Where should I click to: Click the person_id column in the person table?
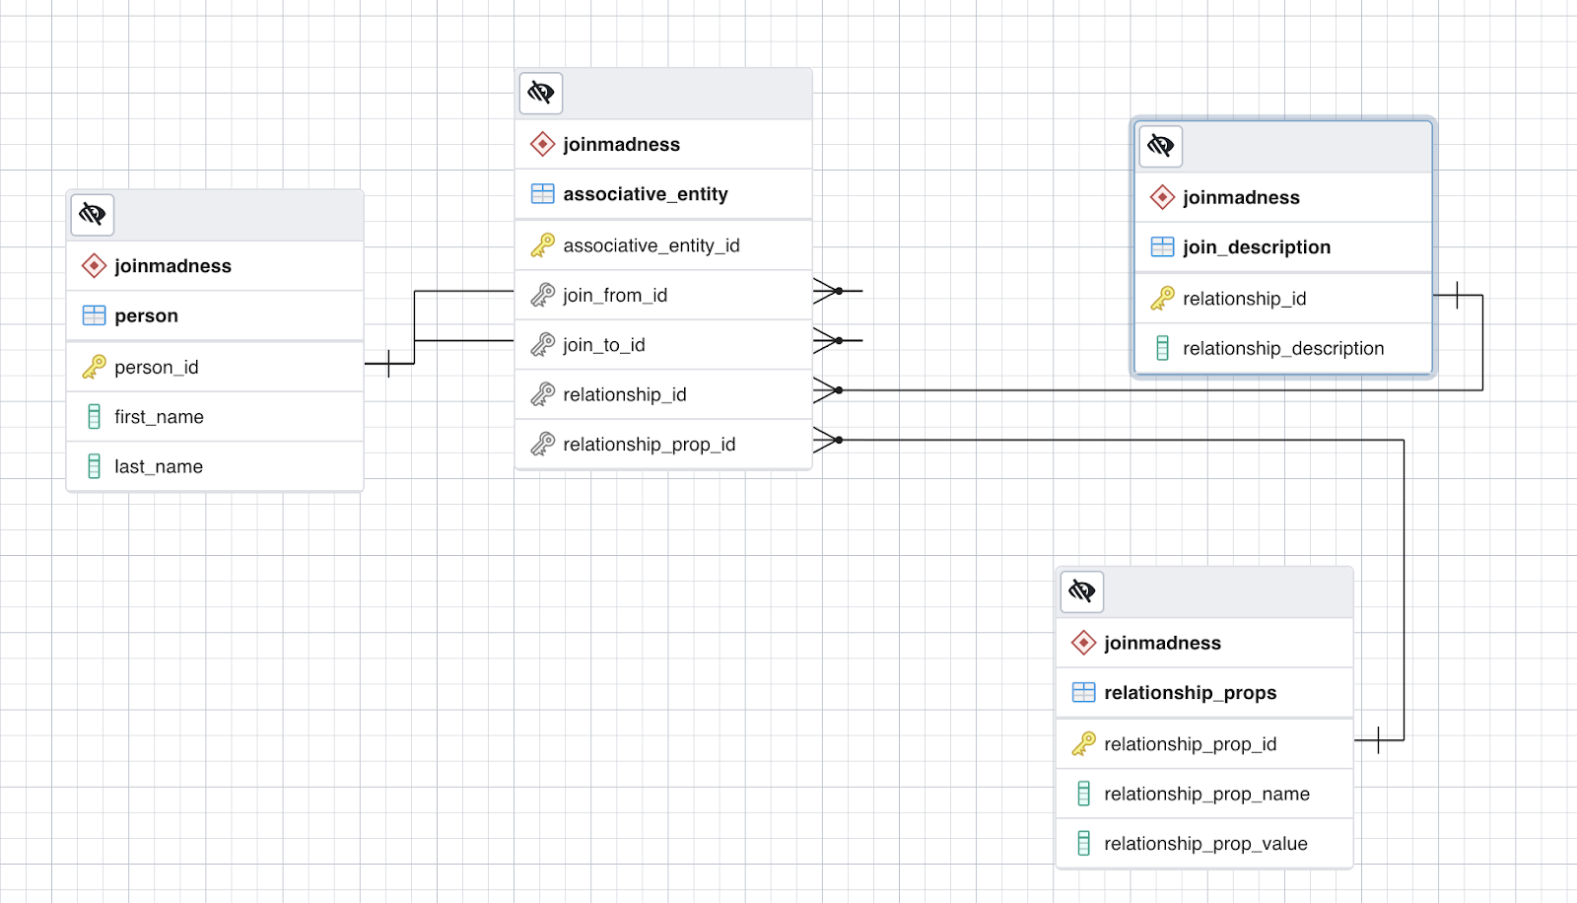157,367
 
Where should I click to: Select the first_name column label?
159,417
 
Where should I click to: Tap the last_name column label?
159,466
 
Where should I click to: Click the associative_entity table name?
646,193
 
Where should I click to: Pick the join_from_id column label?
615,295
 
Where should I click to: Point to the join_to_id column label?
604,344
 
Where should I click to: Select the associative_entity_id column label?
651,245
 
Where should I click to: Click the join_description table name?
1257,247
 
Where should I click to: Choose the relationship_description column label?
1283,348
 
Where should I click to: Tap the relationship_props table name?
1191,692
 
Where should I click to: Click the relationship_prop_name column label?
1206,794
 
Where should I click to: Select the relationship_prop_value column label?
1206,843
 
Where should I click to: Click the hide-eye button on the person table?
93,214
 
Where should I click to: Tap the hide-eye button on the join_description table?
1160,146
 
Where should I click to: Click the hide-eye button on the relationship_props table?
1082,590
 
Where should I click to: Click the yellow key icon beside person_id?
94,367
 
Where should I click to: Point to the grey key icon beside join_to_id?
542,344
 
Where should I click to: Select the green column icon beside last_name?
94,466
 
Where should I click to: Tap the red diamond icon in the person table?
94,265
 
